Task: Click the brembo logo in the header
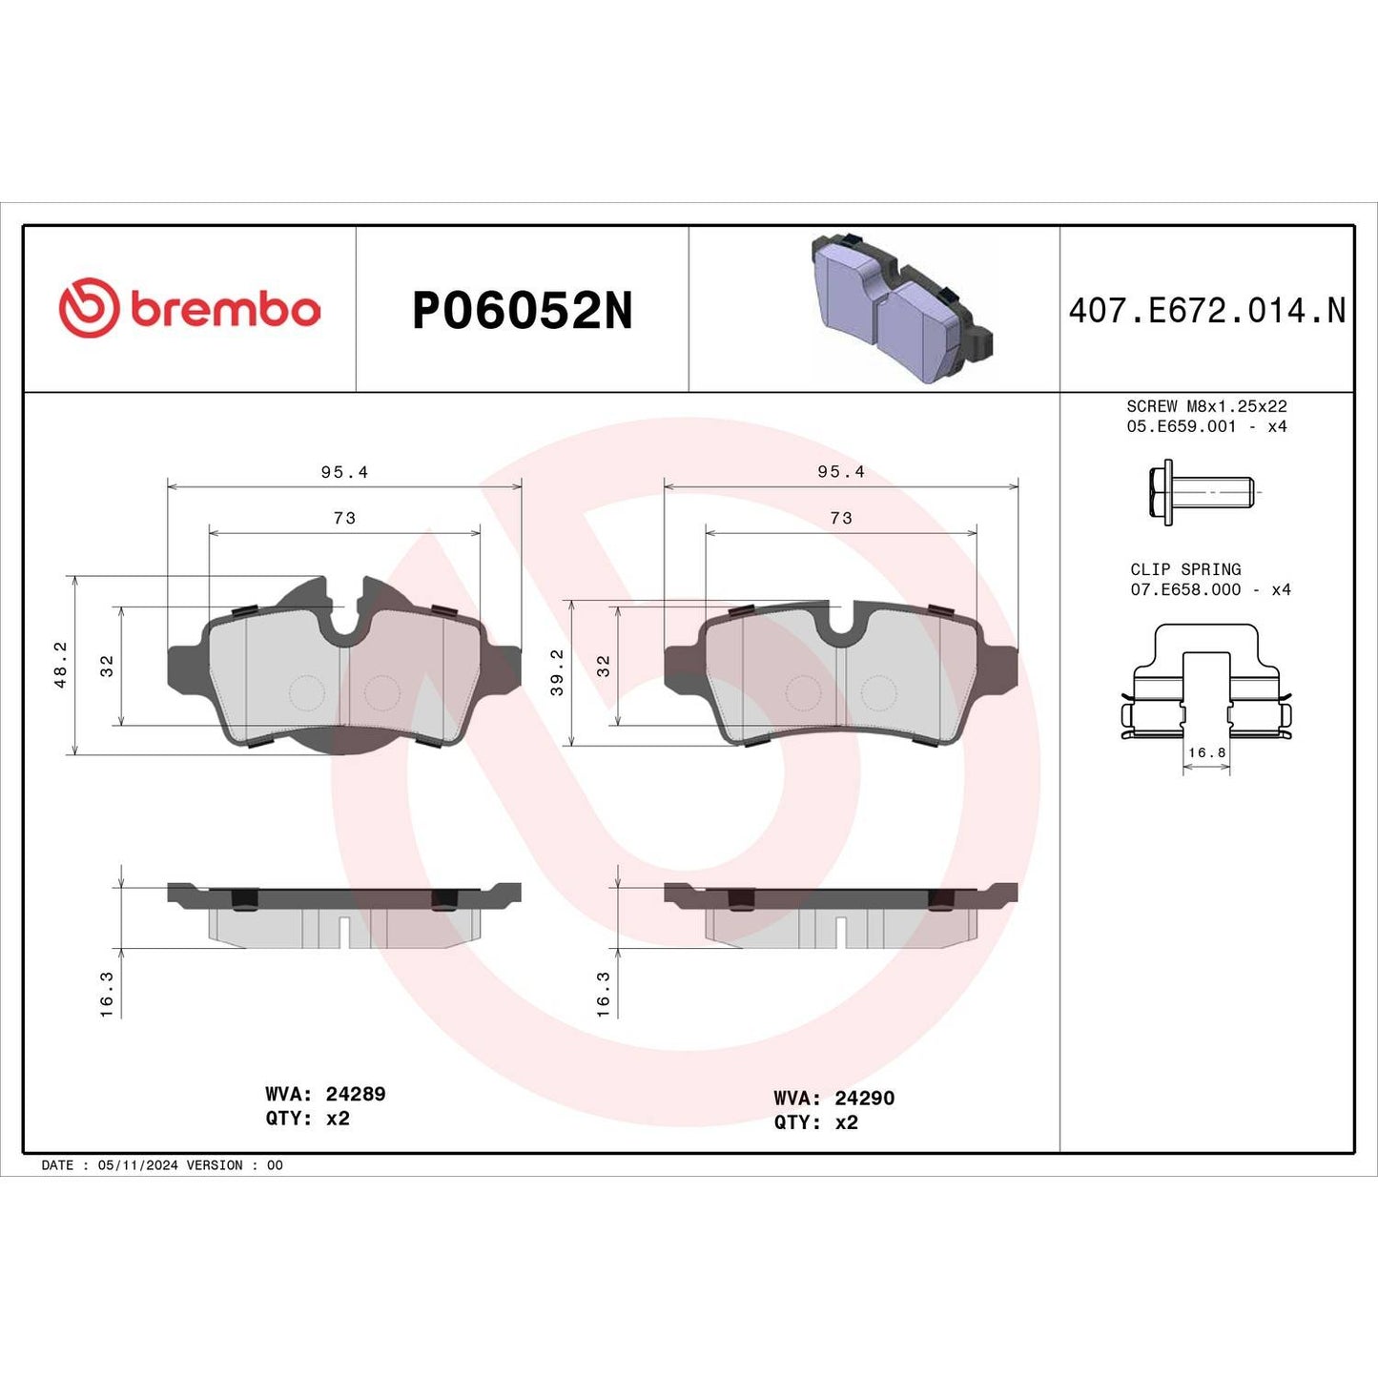(x=189, y=309)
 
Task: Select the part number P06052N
(x=522, y=311)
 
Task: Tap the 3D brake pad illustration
(x=900, y=307)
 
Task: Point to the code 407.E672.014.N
(x=1206, y=311)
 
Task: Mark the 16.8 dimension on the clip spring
(x=1206, y=752)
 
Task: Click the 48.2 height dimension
(x=60, y=664)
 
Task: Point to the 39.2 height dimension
(x=557, y=671)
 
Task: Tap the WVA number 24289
(x=356, y=1094)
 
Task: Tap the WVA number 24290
(x=864, y=1098)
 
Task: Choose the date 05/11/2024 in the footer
(x=137, y=1165)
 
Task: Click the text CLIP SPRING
(x=1185, y=569)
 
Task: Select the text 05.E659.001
(x=1181, y=426)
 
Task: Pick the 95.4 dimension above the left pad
(x=344, y=472)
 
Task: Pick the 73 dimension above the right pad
(x=840, y=518)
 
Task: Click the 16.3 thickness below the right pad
(x=603, y=994)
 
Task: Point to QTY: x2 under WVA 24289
(x=307, y=1119)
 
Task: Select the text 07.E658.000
(x=1185, y=589)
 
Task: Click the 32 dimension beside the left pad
(x=107, y=665)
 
